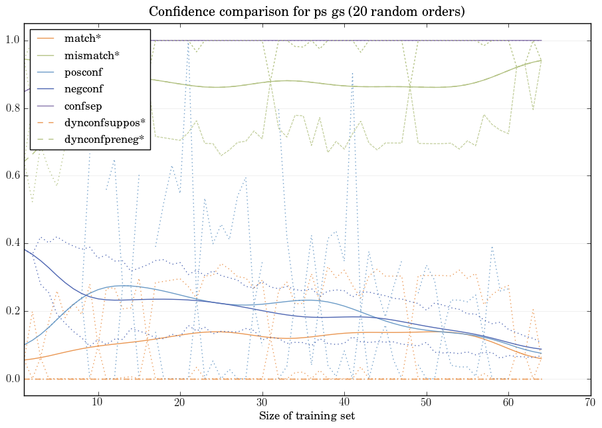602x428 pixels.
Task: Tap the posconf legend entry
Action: tap(84, 72)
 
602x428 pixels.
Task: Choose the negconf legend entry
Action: tap(84, 88)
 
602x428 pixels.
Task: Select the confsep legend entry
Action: tap(83, 105)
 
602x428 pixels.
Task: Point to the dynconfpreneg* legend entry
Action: tap(104, 139)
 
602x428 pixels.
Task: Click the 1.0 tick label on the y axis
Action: tap(12, 41)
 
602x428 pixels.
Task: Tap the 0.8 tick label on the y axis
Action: tap(12, 108)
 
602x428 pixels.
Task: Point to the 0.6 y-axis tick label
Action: tap(12, 176)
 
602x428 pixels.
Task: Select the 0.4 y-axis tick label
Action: tap(12, 244)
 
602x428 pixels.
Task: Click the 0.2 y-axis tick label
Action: tap(12, 312)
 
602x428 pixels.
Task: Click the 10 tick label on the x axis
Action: tap(97, 402)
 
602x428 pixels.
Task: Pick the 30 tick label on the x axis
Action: tap(262, 402)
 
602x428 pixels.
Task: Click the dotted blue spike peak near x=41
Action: tap(352, 72)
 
